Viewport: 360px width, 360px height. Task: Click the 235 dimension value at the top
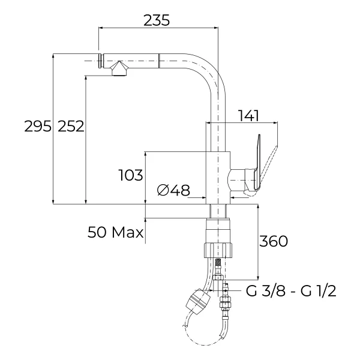(157, 20)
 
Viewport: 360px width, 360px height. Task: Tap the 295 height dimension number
(38, 126)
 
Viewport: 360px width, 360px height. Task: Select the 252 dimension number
(71, 126)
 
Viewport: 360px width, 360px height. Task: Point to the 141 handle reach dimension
(248, 115)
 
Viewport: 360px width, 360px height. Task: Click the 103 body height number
(131, 175)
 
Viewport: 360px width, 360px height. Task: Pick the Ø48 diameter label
(173, 190)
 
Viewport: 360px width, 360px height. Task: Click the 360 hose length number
(274, 241)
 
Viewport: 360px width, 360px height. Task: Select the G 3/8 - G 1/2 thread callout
(291, 291)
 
